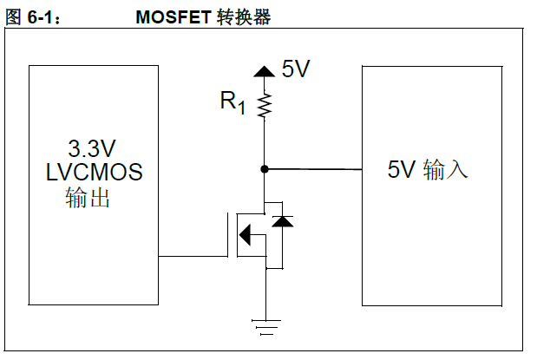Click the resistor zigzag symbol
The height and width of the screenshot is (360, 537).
pos(265,105)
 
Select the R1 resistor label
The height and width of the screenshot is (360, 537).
pos(232,103)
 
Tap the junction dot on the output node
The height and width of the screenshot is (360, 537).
pos(265,168)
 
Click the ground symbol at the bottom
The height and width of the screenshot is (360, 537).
pos(265,327)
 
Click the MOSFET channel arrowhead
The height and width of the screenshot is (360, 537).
pos(246,233)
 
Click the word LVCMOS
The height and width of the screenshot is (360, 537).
pos(93,172)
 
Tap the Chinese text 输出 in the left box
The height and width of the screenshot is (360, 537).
pos(88,199)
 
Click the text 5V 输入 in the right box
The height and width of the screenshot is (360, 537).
pos(428,169)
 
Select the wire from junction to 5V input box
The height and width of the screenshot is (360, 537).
pos(312,169)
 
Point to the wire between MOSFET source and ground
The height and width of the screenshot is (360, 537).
pos(265,295)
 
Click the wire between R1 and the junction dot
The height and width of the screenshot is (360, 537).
pos(265,143)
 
